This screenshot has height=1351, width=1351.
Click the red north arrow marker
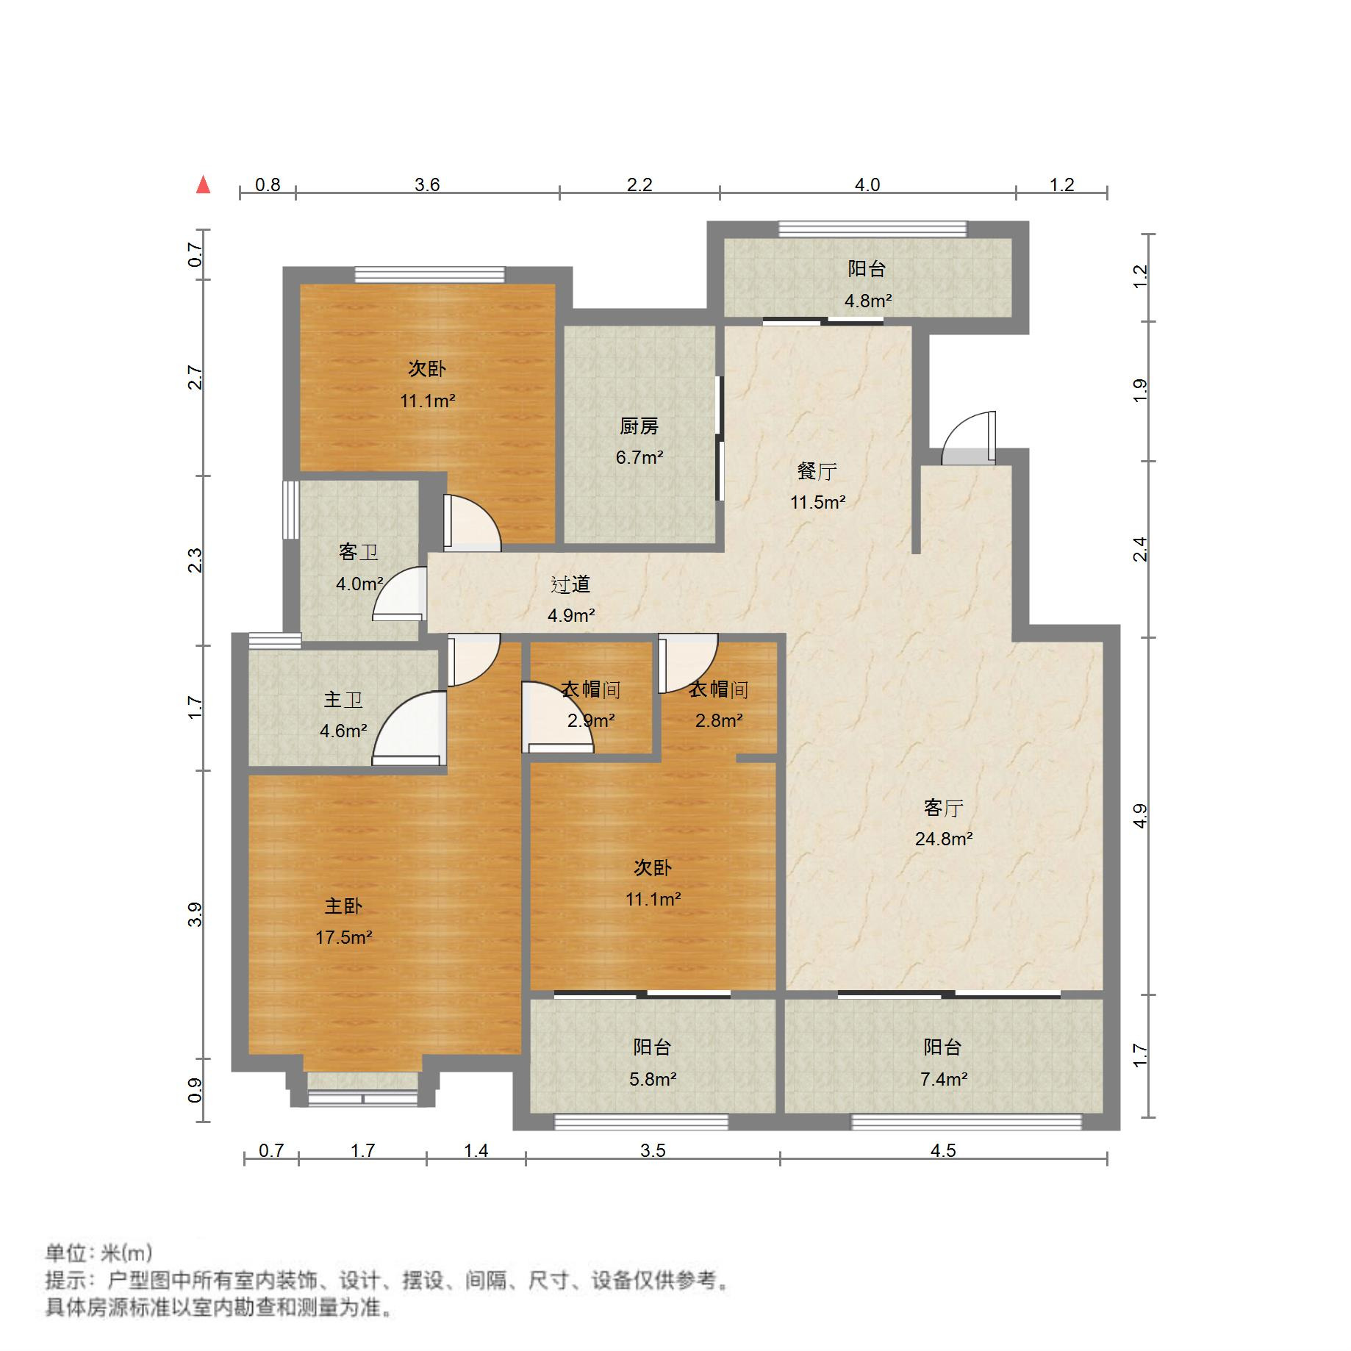click(x=204, y=184)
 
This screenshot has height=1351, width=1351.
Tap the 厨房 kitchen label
click(x=639, y=426)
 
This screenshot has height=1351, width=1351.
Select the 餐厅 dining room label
click(x=817, y=471)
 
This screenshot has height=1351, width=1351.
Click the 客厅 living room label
click(x=943, y=808)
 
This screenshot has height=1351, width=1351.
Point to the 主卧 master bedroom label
click(x=343, y=906)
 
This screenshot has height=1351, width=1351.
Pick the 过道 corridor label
click(x=570, y=584)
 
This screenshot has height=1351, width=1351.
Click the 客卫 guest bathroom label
click(x=359, y=552)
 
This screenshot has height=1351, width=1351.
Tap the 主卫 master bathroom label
click(x=343, y=699)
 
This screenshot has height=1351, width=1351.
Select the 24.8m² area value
click(x=944, y=839)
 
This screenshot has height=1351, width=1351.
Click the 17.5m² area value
click(x=343, y=937)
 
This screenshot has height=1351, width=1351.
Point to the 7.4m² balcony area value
click(x=944, y=1079)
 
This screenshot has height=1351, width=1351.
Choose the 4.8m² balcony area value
click(x=867, y=301)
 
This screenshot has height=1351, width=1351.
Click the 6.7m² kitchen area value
click(x=639, y=457)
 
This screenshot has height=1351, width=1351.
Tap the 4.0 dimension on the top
click(x=867, y=184)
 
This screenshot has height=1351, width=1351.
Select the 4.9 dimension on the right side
click(x=1139, y=816)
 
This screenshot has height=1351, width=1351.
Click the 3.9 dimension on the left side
click(x=195, y=914)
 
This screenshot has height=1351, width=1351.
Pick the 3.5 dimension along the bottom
click(x=653, y=1150)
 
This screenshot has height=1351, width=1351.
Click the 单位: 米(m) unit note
click(x=98, y=1253)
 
